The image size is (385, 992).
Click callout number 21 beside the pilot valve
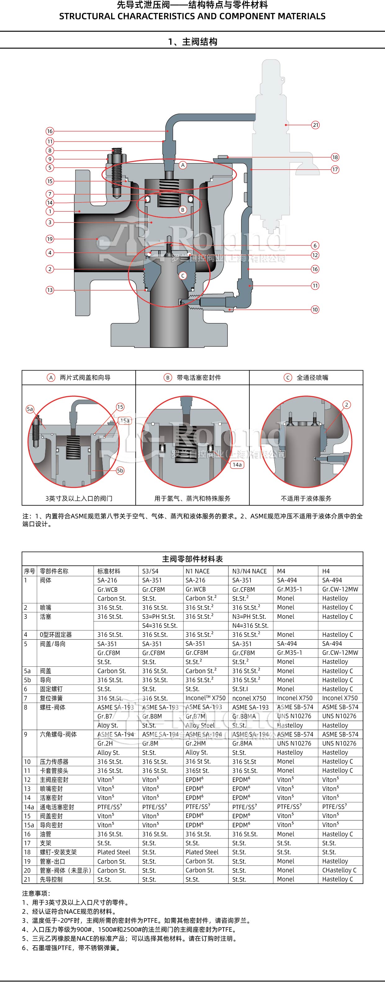coord(315,125)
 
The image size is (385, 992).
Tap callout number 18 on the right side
coord(335,157)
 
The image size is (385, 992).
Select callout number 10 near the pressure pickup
coord(315,310)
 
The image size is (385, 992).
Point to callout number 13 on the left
coord(50,290)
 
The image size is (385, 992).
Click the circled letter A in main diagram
coord(183,165)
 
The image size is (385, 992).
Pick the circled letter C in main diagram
coord(183,276)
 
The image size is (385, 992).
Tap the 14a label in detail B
coord(237,465)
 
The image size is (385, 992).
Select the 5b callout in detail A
coord(120,471)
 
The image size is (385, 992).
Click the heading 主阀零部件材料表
coord(192,559)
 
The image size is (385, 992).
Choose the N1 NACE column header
coord(198,572)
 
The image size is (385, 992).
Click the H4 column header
coord(326,572)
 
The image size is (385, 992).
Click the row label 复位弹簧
coord(51,698)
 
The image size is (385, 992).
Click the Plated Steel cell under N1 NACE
coord(202,852)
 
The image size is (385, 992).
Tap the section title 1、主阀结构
coord(192,42)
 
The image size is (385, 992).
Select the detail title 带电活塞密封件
coord(198,378)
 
